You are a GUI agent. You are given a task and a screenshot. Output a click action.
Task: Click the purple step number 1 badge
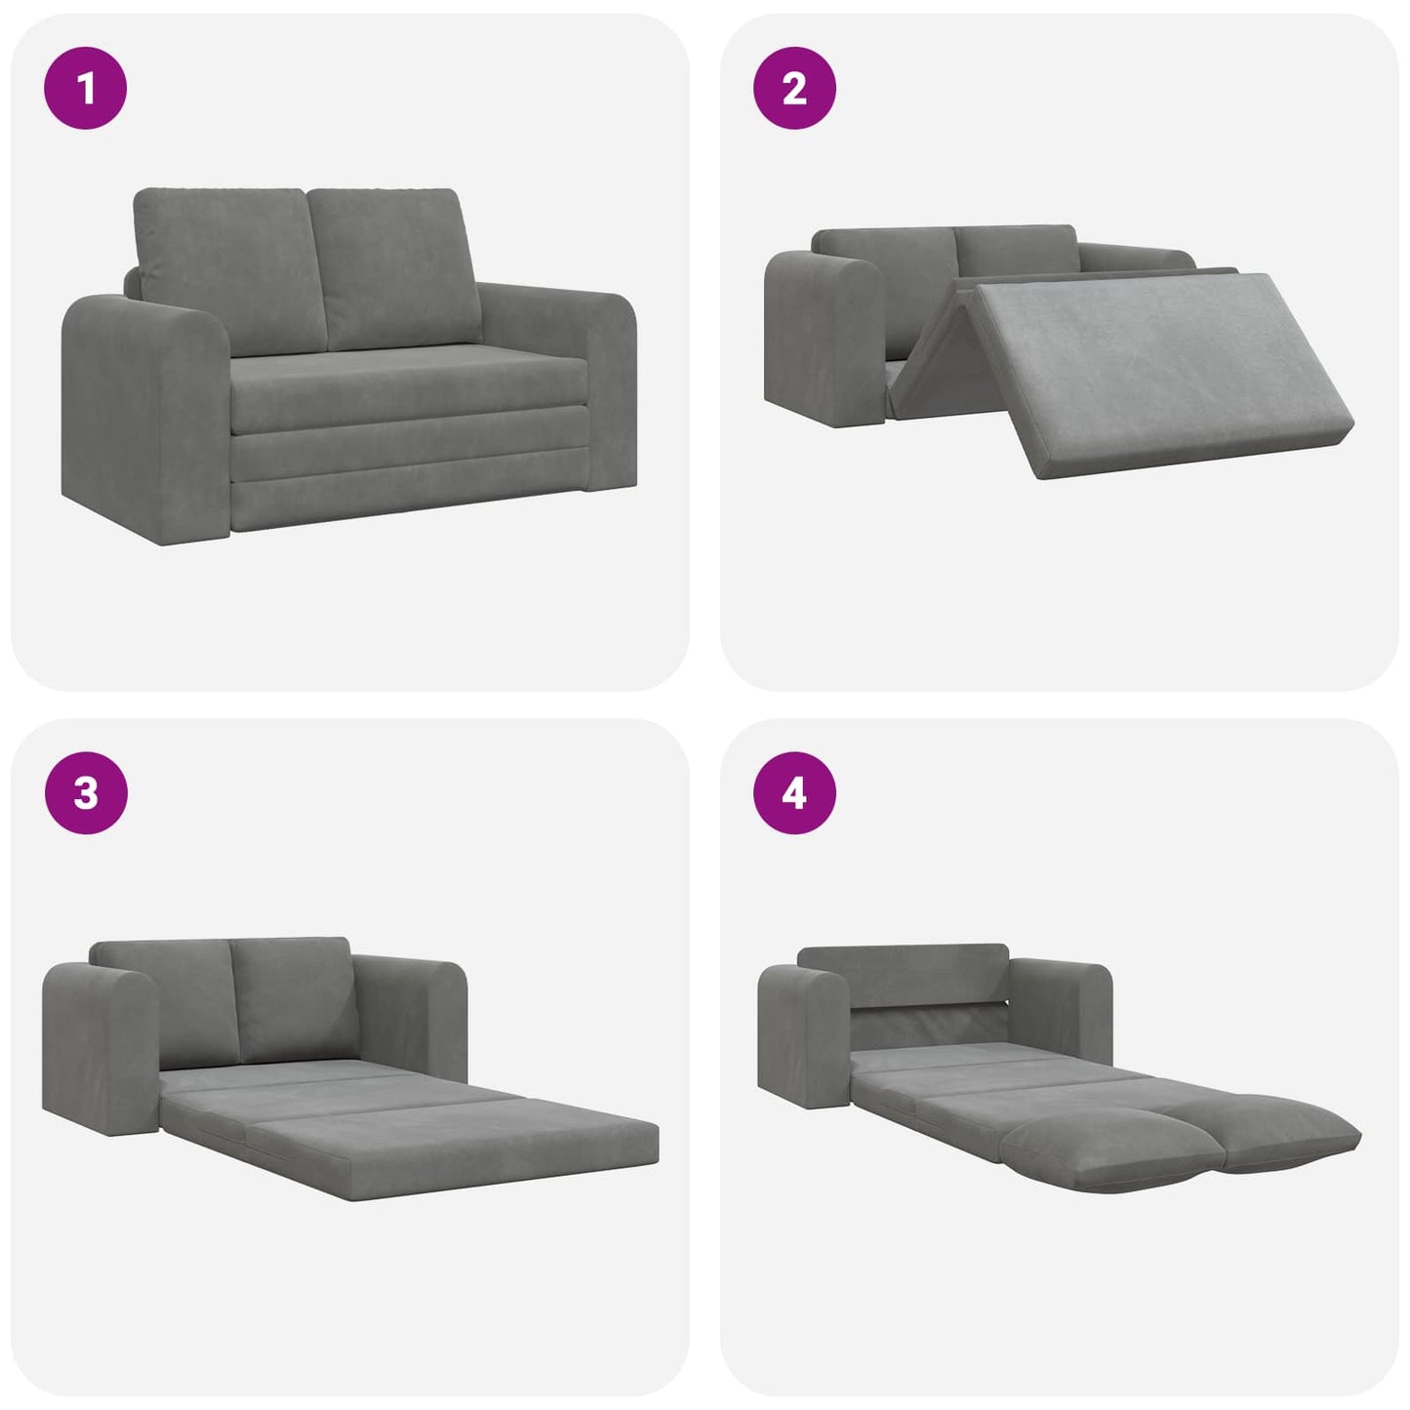click(x=86, y=88)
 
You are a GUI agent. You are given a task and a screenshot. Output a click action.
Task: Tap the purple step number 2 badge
click(x=794, y=88)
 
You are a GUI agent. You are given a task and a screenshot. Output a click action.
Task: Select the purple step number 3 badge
click(x=86, y=792)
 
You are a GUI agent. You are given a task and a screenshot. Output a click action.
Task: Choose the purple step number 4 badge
click(x=794, y=792)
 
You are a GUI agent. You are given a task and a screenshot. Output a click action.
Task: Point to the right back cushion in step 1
click(x=395, y=268)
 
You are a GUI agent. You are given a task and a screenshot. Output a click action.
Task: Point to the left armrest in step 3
click(x=98, y=1044)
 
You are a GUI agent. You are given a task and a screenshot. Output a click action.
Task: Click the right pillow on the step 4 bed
click(x=1278, y=1132)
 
